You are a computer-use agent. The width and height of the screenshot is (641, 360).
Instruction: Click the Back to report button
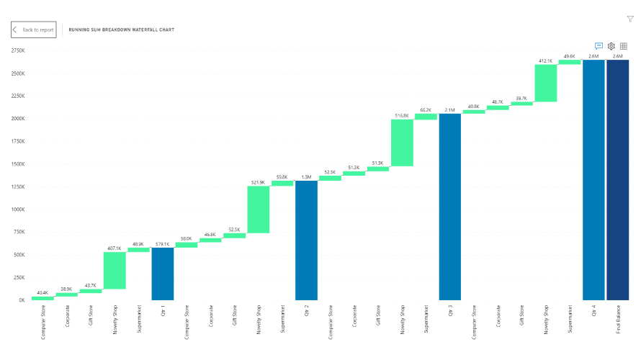(33, 30)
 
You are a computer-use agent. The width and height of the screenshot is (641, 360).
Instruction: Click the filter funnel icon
(630, 19)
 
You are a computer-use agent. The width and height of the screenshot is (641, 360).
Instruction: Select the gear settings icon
(611, 46)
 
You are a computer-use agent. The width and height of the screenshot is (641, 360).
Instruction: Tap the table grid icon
(624, 46)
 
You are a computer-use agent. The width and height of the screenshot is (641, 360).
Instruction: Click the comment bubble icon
(599, 46)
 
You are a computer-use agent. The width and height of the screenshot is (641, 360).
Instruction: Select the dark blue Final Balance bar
(617, 179)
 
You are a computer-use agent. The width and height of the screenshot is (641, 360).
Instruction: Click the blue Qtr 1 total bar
(162, 274)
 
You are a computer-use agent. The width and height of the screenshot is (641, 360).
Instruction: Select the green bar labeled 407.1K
(115, 270)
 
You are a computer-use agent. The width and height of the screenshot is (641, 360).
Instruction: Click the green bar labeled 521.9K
(258, 210)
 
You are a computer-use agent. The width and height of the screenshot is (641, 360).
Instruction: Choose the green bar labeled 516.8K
(402, 143)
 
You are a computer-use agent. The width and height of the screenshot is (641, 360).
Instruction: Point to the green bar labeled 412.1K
(545, 83)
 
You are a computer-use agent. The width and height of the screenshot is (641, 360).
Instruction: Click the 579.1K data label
(162, 243)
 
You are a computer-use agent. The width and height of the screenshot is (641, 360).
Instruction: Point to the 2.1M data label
(449, 109)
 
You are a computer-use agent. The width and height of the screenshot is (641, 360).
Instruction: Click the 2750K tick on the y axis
(18, 50)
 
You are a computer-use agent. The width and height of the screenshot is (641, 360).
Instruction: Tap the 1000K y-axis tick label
(18, 210)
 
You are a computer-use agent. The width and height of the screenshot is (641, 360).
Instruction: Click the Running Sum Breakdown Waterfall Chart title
(121, 30)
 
